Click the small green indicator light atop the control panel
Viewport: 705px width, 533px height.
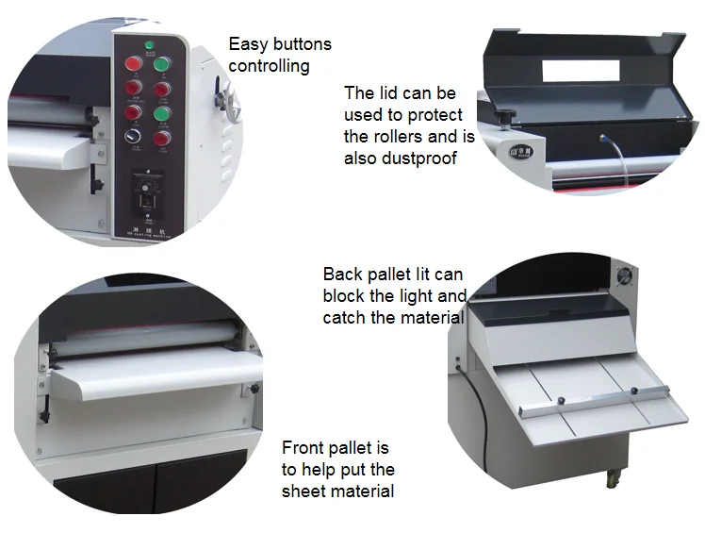149,45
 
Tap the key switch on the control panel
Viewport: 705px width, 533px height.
134,137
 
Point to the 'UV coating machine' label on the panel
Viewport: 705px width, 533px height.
149,228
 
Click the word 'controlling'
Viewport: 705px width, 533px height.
269,66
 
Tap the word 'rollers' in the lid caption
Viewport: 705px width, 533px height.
371,137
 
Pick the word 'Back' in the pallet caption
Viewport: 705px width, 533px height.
341,275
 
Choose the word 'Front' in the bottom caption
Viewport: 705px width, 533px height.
303,447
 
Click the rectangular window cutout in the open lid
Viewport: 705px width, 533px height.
579,72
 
